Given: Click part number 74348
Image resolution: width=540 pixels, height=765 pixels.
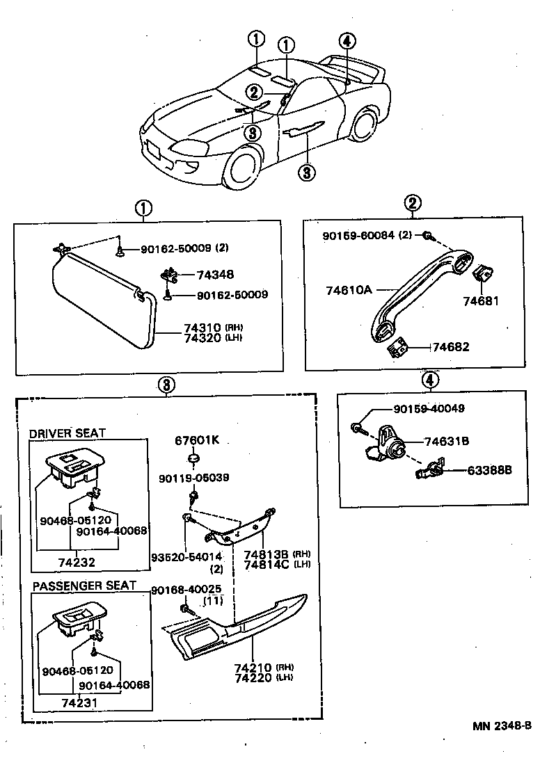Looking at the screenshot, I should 215,275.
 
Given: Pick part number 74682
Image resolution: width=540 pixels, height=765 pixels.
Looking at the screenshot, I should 451,346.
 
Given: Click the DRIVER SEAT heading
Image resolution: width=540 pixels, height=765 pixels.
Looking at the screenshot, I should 67,433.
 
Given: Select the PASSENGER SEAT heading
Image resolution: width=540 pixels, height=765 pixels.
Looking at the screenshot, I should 84,586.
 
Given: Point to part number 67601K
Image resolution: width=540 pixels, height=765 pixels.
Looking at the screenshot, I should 197,440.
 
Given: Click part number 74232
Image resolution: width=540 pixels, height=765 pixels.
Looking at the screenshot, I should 77,562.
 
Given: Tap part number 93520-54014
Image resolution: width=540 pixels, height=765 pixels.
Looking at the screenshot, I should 186,557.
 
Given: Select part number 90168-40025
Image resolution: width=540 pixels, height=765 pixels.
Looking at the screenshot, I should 184,590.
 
